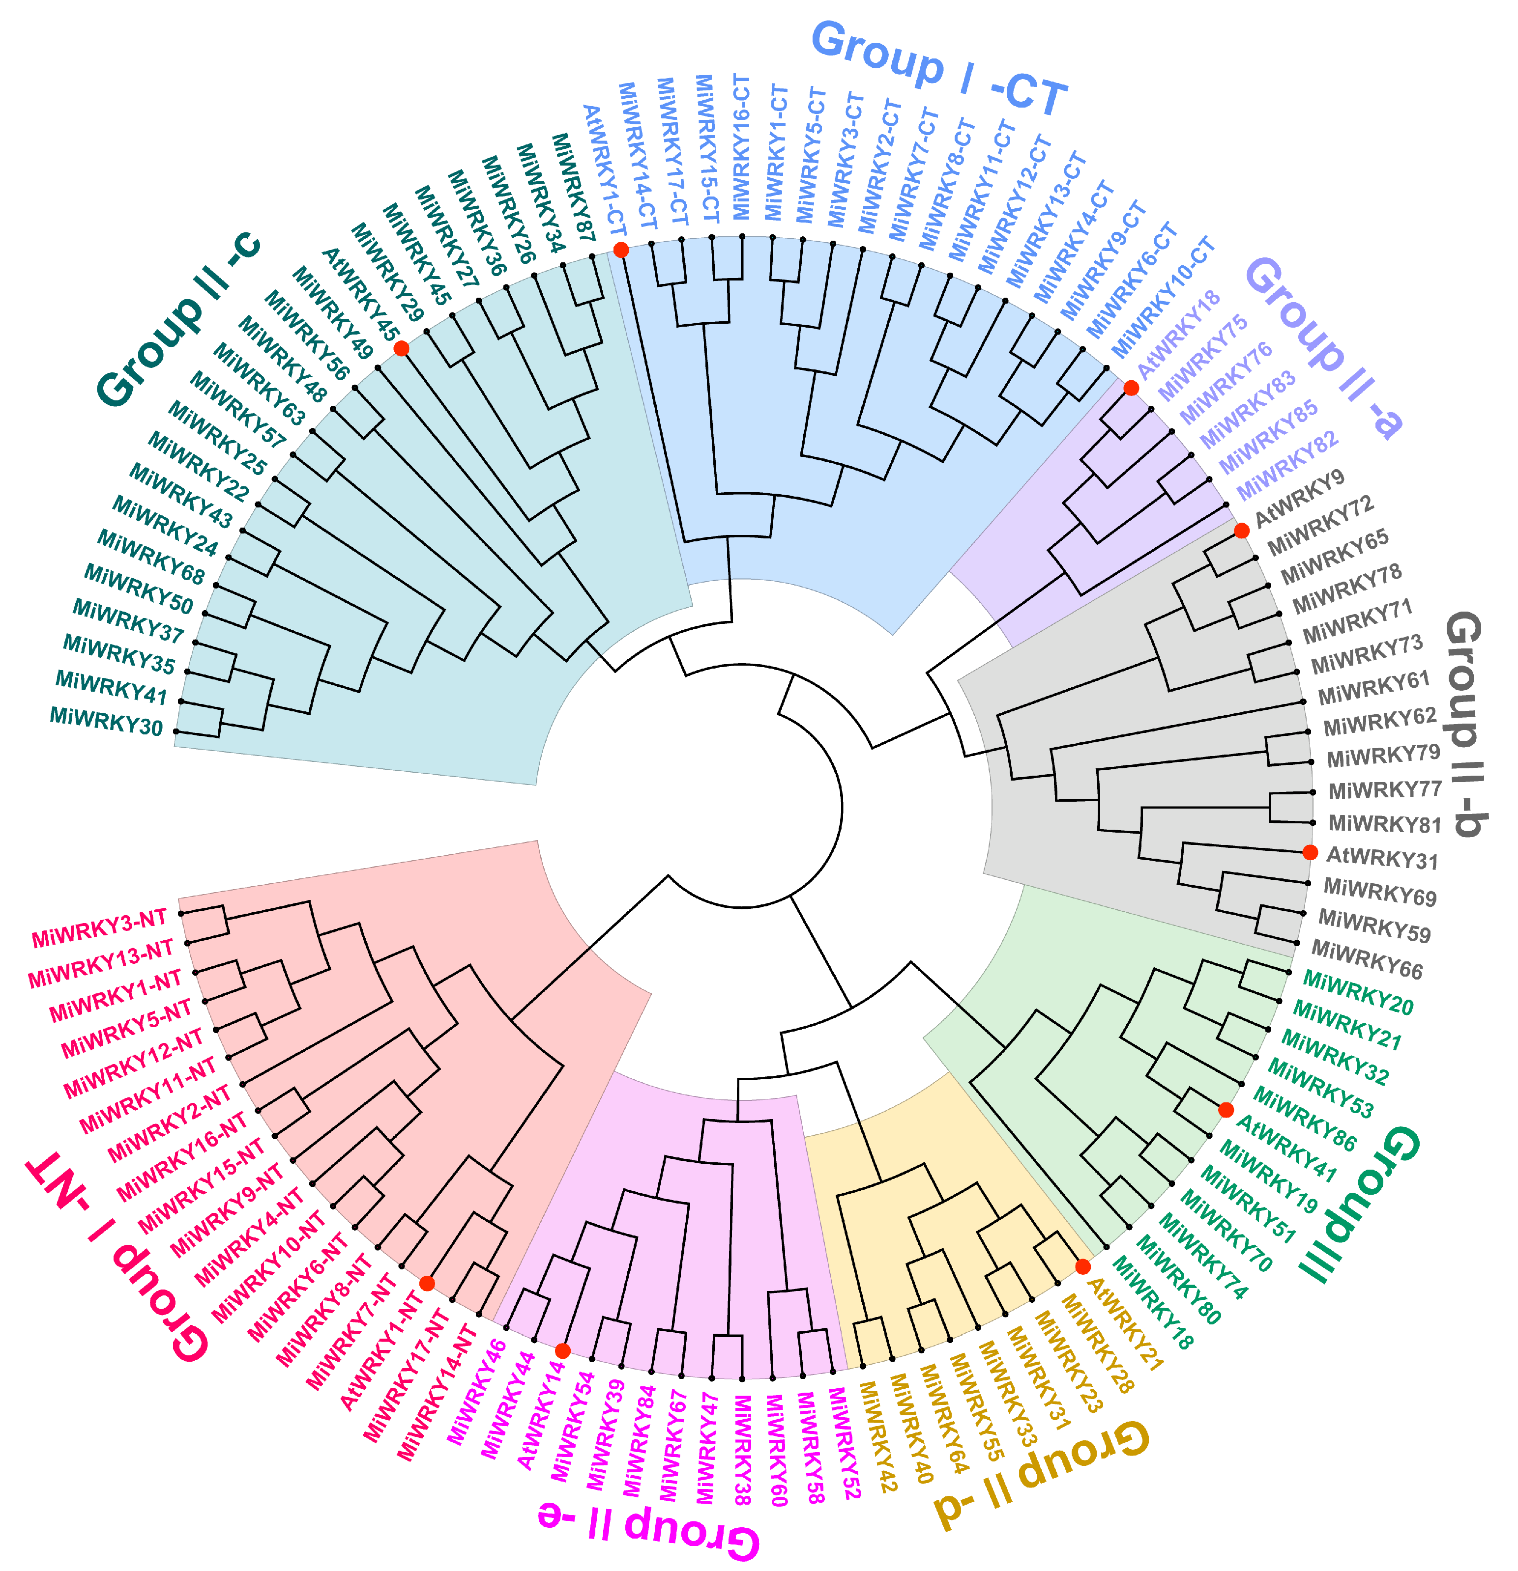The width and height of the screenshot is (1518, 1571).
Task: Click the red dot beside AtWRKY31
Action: tap(1310, 852)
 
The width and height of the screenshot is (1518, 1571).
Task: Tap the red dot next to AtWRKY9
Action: tap(1241, 531)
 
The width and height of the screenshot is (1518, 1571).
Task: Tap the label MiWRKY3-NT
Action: tap(99, 928)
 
